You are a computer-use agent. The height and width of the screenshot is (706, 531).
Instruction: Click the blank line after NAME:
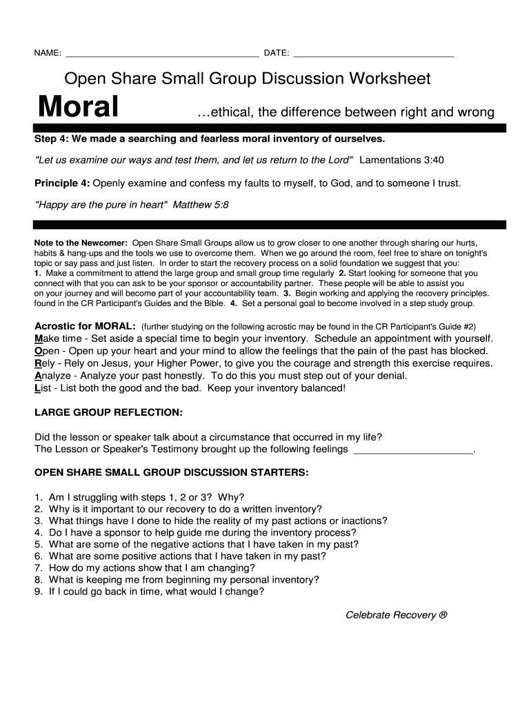(161, 54)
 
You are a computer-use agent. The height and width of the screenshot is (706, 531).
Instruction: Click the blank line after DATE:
(373, 54)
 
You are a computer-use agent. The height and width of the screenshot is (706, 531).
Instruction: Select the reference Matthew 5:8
(201, 205)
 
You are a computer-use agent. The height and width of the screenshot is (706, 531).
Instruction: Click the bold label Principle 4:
(62, 183)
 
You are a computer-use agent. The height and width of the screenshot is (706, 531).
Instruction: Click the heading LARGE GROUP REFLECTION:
(108, 412)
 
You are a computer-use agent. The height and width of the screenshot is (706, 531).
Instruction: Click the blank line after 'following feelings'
(413, 450)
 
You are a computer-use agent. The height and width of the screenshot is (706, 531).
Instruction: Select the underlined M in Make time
(38, 339)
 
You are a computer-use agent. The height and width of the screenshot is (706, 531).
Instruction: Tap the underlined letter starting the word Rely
(38, 363)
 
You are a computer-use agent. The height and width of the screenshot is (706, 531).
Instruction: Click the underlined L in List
(37, 388)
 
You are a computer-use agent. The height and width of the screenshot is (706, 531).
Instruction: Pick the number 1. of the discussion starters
(39, 497)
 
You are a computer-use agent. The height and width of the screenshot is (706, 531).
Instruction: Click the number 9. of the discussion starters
(39, 592)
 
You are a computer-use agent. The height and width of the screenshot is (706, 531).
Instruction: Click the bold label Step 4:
(51, 139)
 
